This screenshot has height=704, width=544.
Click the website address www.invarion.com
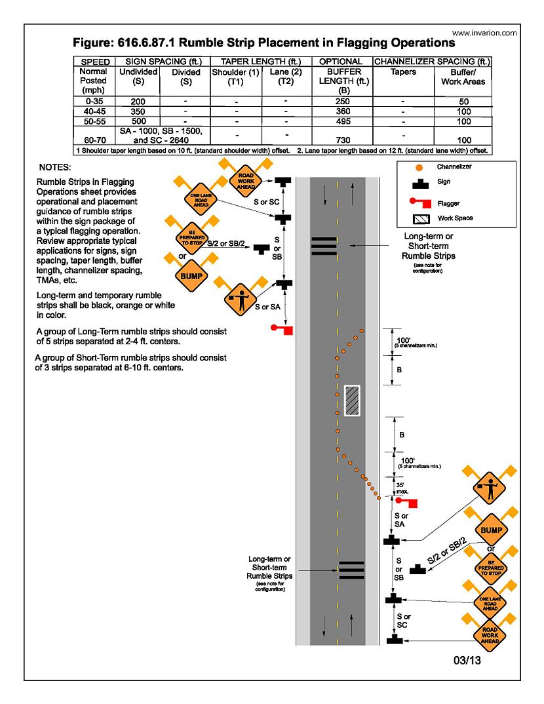(x=484, y=33)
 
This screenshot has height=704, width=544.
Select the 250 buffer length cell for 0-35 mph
(x=343, y=102)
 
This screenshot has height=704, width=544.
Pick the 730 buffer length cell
(x=343, y=140)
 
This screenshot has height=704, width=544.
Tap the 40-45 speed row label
(x=92, y=111)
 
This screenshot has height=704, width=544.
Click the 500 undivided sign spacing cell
(x=138, y=121)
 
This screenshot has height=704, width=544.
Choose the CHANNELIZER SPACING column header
(x=433, y=62)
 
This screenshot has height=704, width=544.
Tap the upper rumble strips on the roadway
(x=324, y=245)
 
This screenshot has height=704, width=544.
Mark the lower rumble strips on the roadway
(x=351, y=570)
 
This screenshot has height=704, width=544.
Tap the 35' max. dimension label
(x=402, y=488)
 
